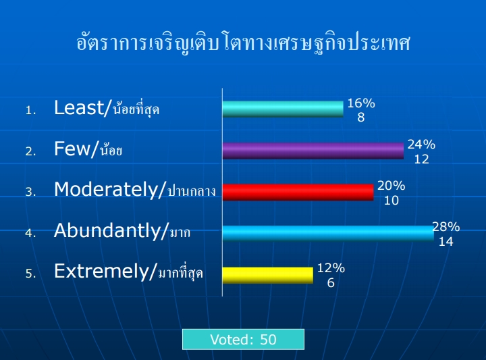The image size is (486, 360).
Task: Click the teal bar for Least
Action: tap(283, 109)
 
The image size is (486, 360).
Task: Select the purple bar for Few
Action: tap(313, 151)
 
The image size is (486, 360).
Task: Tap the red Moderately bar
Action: tap(298, 192)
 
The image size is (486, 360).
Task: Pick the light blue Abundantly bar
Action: tap(328, 233)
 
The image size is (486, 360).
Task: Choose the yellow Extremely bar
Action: tap(268, 275)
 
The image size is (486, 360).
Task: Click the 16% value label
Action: tap(361, 103)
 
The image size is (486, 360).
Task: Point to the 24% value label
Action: tap(421, 145)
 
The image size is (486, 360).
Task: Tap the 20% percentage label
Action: tap(391, 186)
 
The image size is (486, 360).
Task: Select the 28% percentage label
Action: tap(446, 227)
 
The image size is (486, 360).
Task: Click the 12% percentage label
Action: tap(331, 268)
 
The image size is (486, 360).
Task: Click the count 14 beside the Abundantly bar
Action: tap(446, 242)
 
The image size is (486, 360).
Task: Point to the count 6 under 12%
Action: tap(331, 283)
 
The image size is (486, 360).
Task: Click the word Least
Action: tap(79, 107)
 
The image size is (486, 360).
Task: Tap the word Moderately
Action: tap(107, 190)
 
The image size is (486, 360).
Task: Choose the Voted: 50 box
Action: tap(243, 340)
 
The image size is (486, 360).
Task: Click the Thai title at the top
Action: tap(243, 42)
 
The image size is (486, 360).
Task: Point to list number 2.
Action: tap(30, 151)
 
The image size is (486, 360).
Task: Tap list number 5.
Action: tap(30, 274)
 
